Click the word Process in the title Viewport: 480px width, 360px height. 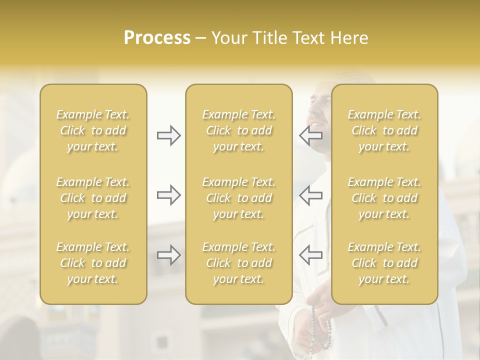tap(157, 38)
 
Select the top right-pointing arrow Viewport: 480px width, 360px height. tap(168, 135)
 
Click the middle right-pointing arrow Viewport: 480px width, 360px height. tap(168, 195)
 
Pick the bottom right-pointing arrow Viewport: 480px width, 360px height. tap(168, 255)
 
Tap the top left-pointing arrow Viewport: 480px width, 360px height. tap(310, 135)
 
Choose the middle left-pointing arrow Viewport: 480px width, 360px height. tap(310, 195)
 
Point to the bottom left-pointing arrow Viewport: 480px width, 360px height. tap(310, 255)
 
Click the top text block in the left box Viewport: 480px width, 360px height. tap(93, 130)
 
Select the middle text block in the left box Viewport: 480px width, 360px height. tap(93, 198)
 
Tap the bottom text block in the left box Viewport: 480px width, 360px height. tap(93, 263)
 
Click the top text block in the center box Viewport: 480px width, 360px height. tap(239, 130)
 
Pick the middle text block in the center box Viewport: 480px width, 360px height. tap(239, 198)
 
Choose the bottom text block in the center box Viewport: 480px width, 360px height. tap(239, 263)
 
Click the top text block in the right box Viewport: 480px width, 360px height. tap(384, 130)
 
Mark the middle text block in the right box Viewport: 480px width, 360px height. tap(384, 198)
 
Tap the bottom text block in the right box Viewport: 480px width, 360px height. tap(384, 263)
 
